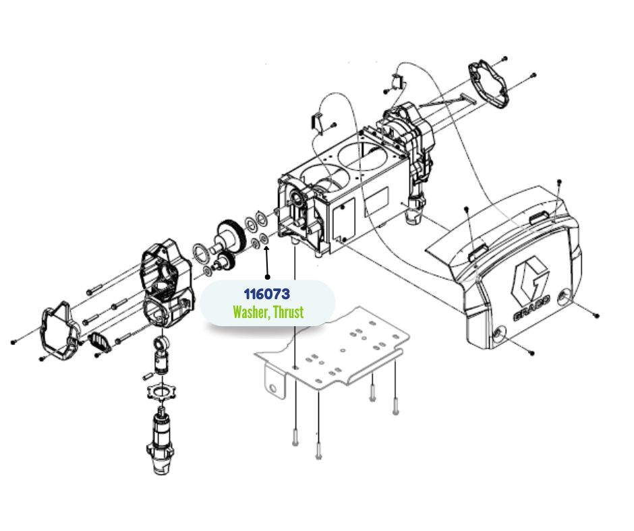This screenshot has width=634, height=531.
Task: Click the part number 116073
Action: tap(267, 294)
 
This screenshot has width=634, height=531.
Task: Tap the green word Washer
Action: tap(251, 312)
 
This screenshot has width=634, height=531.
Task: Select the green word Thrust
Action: tap(288, 312)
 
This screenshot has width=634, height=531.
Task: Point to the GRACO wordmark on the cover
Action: tap(531, 309)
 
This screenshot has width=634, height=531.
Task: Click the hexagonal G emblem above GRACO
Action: tap(529, 279)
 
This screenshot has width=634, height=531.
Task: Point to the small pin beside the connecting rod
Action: tap(148, 376)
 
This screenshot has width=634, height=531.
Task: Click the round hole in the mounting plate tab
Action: tap(273, 389)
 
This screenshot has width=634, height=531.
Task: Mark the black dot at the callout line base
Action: tap(267, 277)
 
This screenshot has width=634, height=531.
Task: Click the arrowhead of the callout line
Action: tap(266, 249)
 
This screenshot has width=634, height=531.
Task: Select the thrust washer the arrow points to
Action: tap(264, 239)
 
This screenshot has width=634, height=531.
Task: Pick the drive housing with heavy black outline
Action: tap(165, 282)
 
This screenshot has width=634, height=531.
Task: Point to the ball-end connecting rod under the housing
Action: tap(162, 356)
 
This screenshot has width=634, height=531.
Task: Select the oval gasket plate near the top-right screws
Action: tap(488, 84)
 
